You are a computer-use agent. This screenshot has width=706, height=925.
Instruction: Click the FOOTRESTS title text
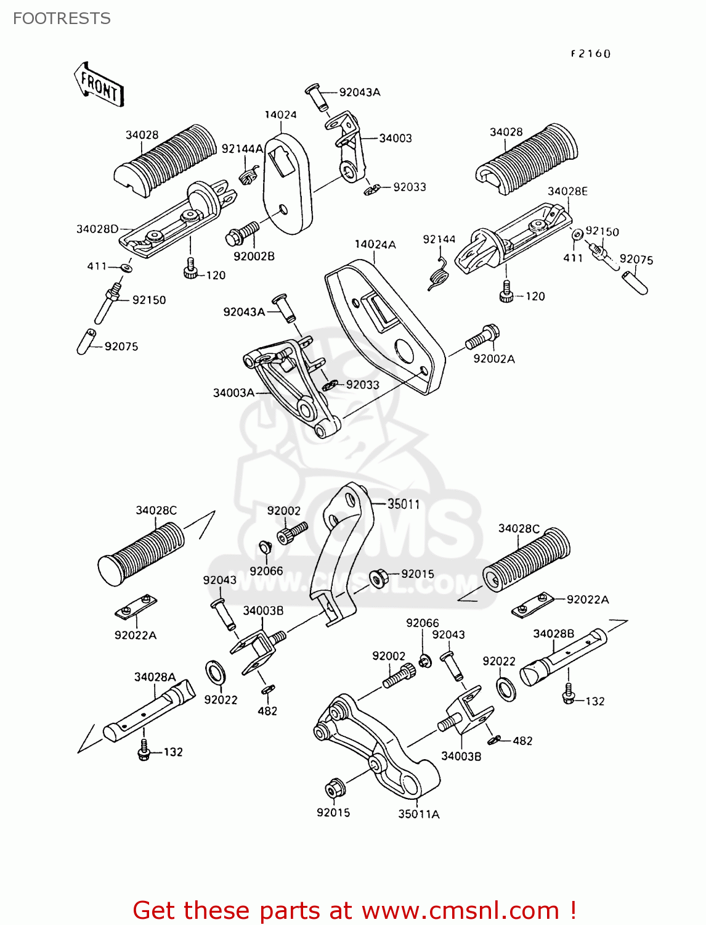click(x=62, y=18)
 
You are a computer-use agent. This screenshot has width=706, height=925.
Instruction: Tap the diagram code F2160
click(x=590, y=54)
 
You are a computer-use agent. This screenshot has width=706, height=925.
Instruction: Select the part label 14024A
click(x=375, y=245)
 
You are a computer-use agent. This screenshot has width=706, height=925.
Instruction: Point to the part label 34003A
click(x=233, y=393)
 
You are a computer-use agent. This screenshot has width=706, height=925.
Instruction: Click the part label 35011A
click(x=419, y=814)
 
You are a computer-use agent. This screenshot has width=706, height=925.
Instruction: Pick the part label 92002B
click(x=254, y=257)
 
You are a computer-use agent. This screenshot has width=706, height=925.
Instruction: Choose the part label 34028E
click(x=567, y=191)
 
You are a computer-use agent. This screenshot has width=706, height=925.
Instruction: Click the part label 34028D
click(x=97, y=229)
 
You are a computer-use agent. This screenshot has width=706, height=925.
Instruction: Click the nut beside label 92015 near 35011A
click(x=335, y=789)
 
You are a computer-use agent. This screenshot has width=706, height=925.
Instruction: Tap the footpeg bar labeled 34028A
click(x=148, y=709)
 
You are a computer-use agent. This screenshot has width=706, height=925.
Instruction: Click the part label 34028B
click(x=553, y=634)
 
